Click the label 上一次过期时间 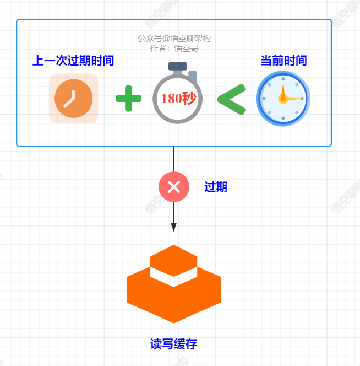pos(73,61)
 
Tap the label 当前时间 pos(283,61)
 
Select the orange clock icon pos(74,99)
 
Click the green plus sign pos(128,99)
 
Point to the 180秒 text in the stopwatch pos(178,99)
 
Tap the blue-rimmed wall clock pos(283,99)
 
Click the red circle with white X pos(173,187)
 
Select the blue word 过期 pos(216,187)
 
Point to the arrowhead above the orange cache pos(173,227)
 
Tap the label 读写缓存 pos(173,345)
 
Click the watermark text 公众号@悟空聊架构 pos(174,39)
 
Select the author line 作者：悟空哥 pos(174,48)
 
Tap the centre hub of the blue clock pos(283,99)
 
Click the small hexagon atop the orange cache pos(173,259)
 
